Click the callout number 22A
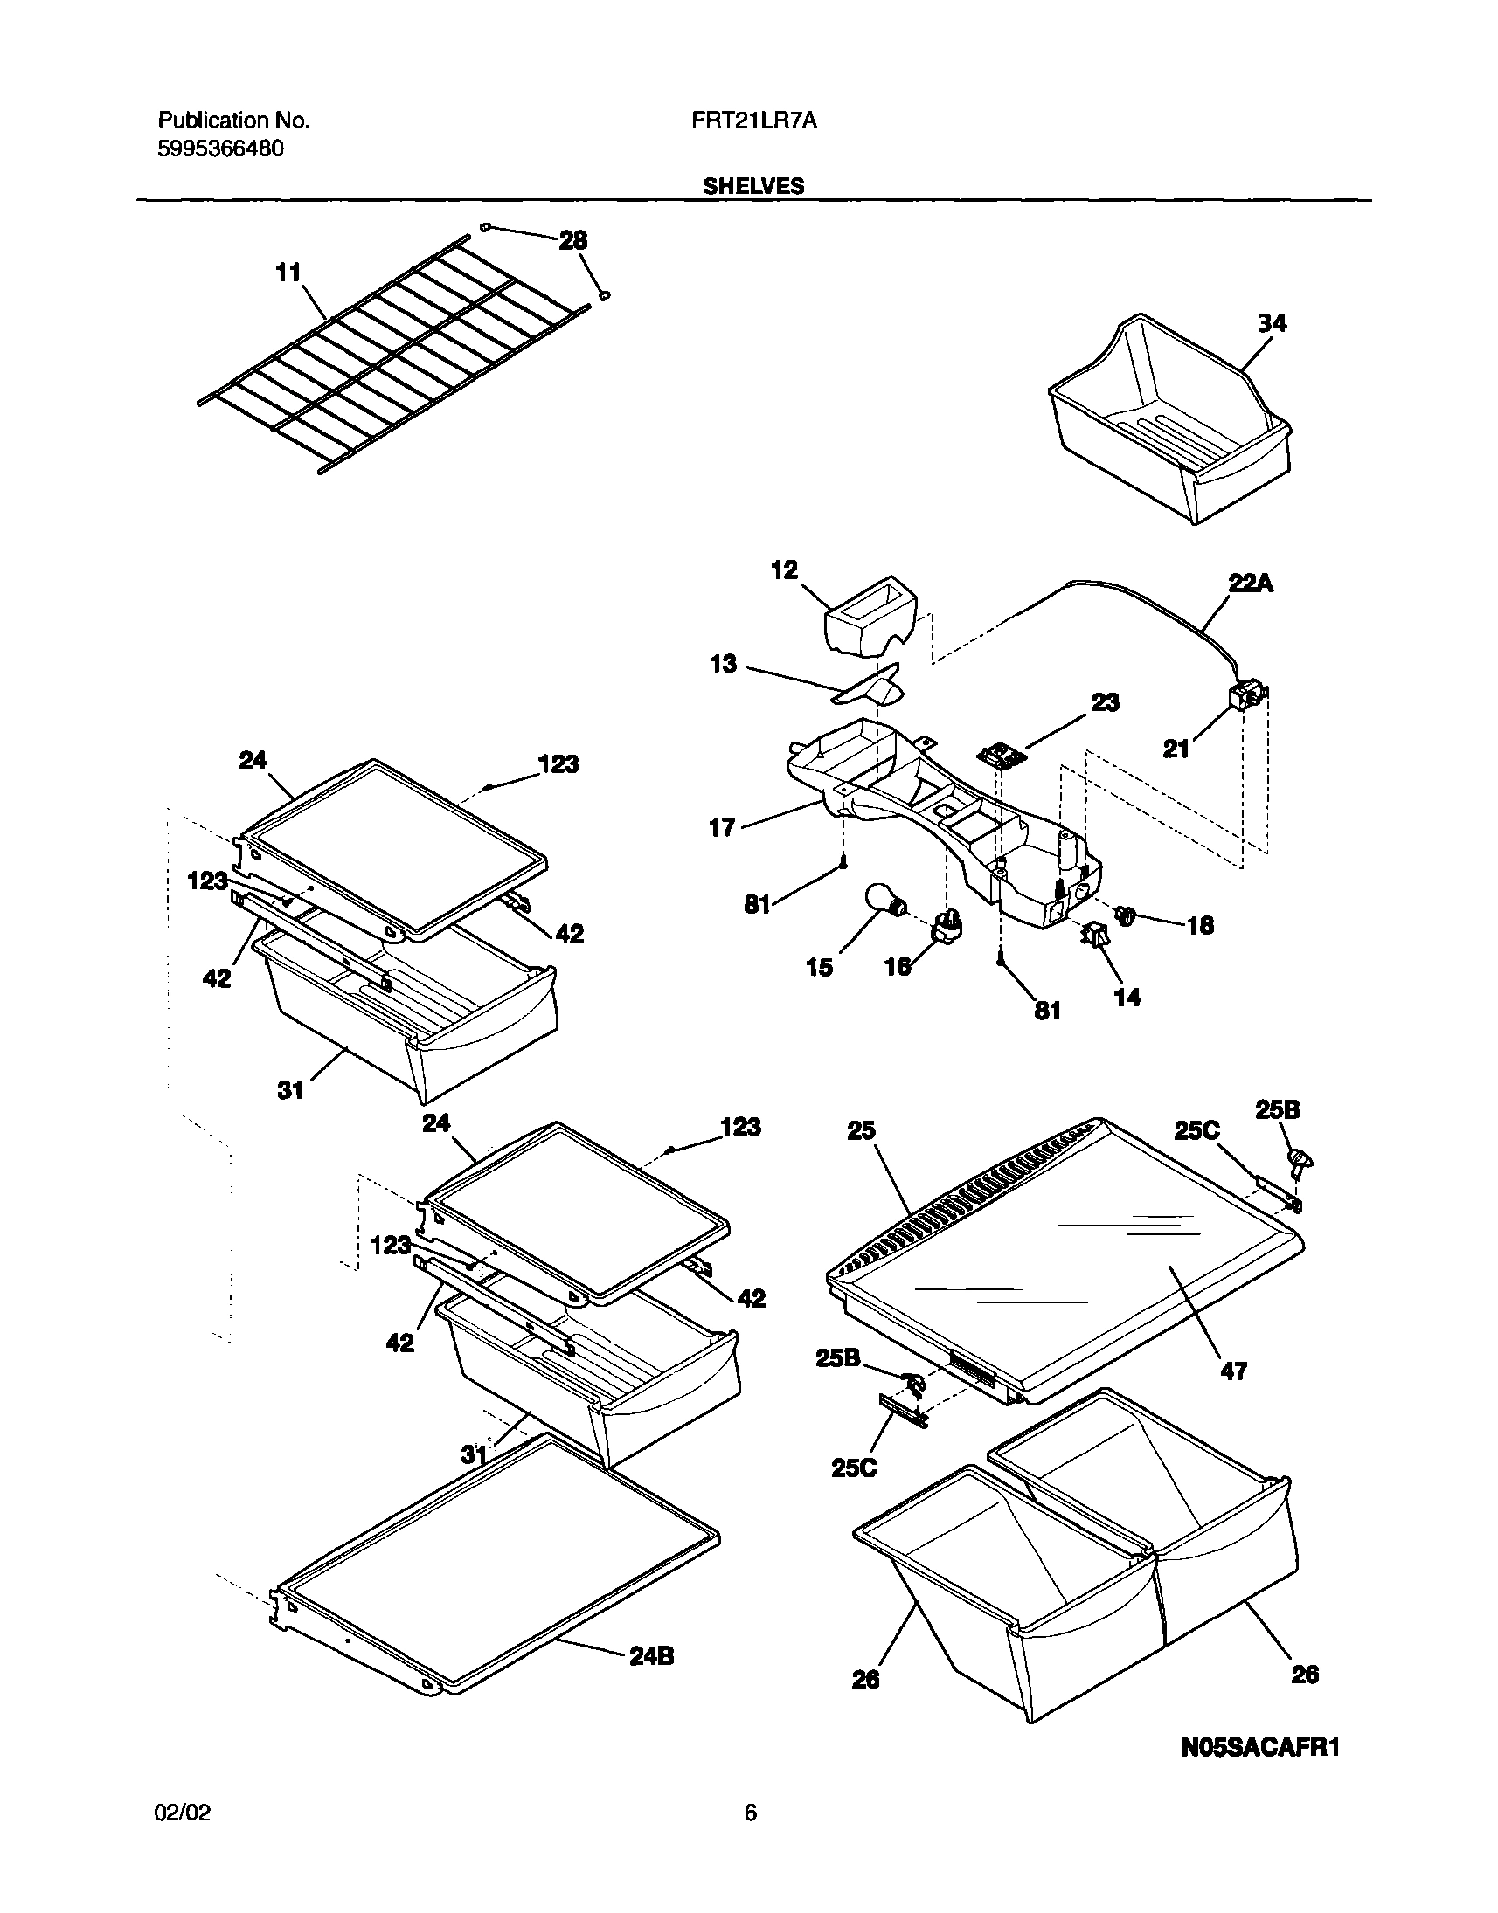coord(1251,583)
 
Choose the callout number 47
coord(1233,1371)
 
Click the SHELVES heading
coord(753,186)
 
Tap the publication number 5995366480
coord(220,148)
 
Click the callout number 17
coord(722,827)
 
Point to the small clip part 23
coord(1000,753)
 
